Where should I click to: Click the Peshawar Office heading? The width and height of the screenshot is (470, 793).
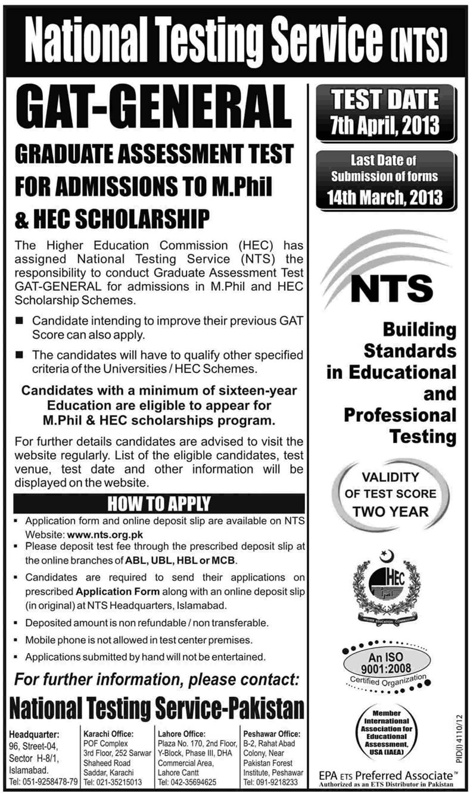[x=272, y=733]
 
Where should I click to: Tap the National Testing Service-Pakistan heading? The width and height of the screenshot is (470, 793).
[x=157, y=710]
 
